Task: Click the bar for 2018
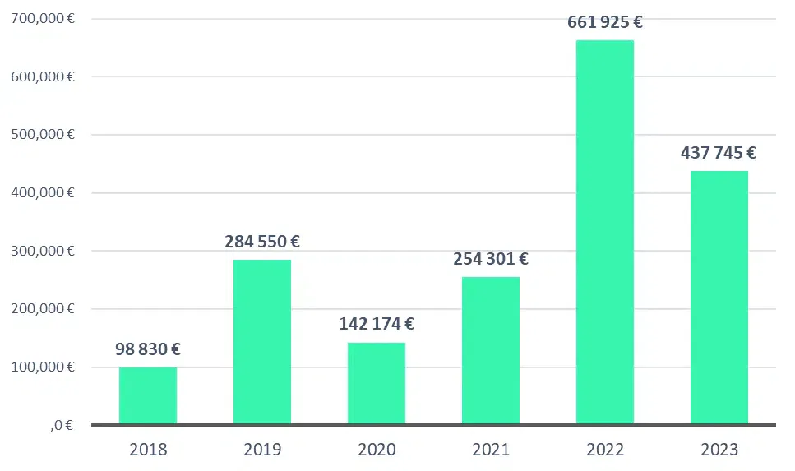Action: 148,395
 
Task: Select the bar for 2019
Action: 262,342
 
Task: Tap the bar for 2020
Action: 377,383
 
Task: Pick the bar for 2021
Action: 491,350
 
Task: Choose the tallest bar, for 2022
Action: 605,232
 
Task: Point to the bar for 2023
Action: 719,298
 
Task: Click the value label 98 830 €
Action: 148,349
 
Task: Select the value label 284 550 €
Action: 262,242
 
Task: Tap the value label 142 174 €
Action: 377,324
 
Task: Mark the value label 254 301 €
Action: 491,259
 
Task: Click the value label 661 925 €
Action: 605,22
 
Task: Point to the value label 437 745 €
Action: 719,152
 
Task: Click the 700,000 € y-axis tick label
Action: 43,18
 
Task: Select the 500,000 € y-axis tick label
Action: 43,134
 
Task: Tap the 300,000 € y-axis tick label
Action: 43,251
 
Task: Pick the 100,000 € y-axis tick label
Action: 43,367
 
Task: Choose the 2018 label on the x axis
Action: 148,450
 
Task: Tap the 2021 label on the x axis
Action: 491,450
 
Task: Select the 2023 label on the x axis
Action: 719,450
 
